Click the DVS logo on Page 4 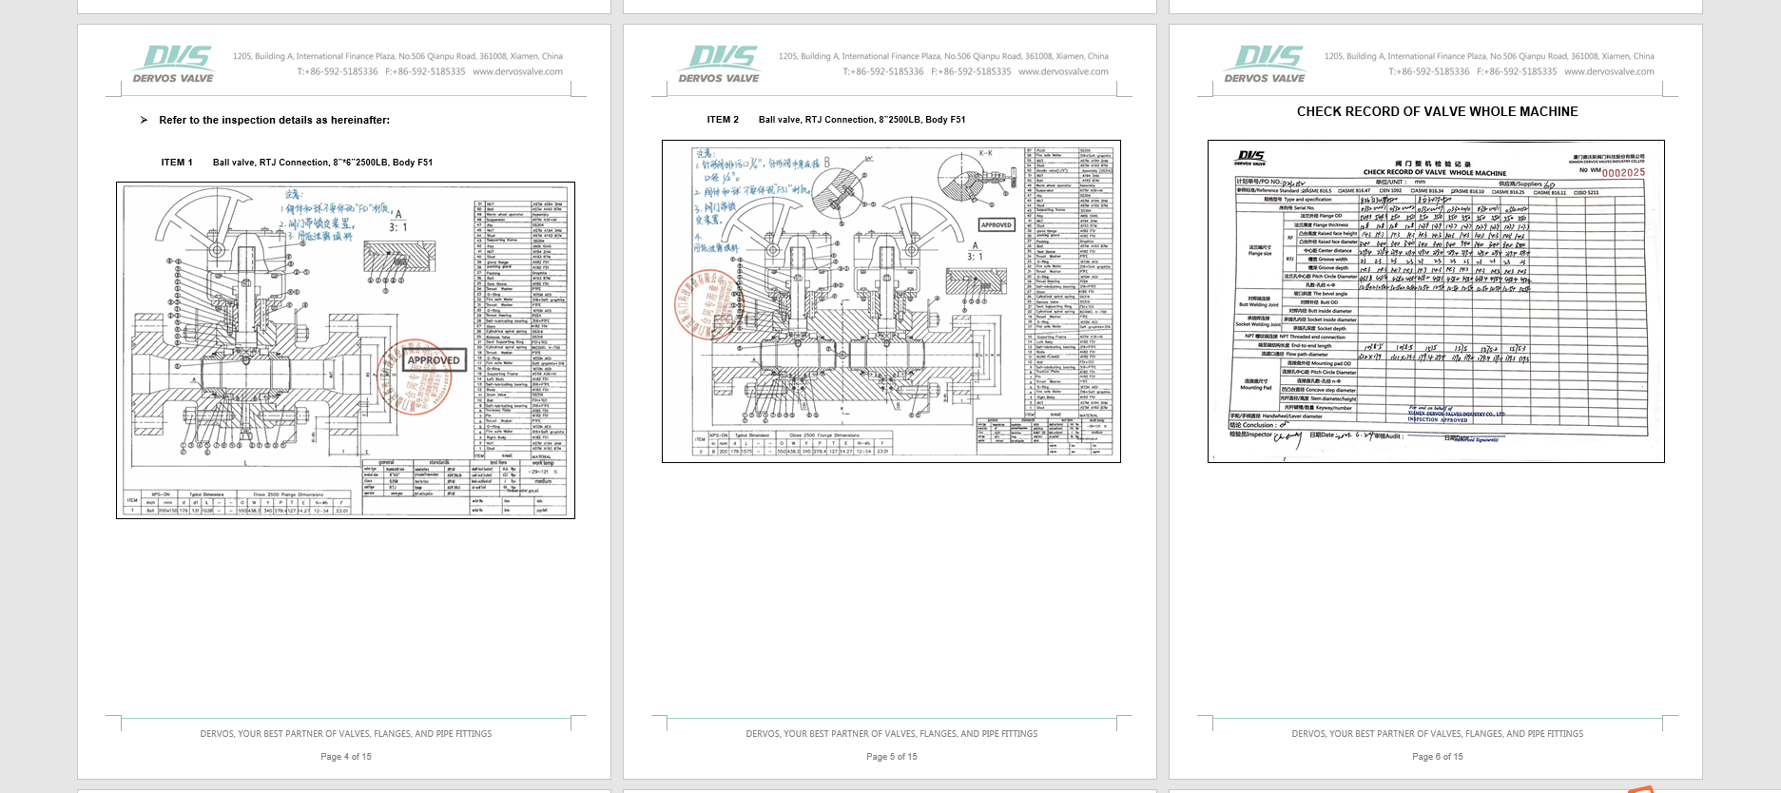pos(173,64)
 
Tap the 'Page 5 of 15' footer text pos(892,757)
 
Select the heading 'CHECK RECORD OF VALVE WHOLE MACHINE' pos(1437,112)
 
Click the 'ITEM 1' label pos(177,163)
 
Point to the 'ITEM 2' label pos(723,120)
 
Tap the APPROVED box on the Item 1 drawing pos(434,360)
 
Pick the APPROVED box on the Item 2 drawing pos(997,225)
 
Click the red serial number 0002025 pos(1623,173)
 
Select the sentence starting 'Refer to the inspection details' pos(274,120)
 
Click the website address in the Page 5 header pos(1063,71)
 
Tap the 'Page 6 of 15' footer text pos(1438,757)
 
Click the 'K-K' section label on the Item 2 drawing pos(985,152)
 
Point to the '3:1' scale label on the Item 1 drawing pos(398,227)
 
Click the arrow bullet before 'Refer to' pos(144,120)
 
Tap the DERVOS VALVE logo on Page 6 pos(1265,64)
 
